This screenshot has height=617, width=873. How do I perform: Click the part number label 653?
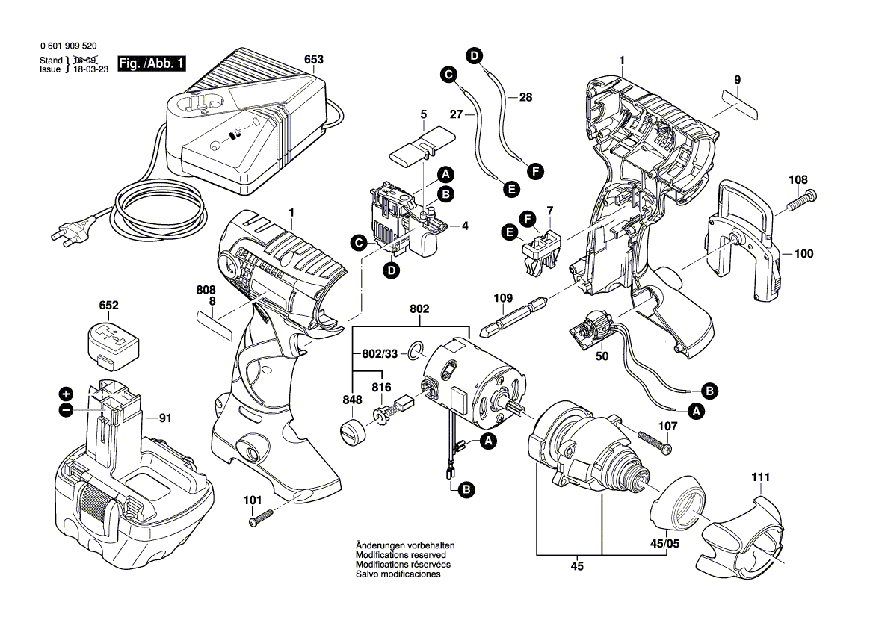pyautogui.click(x=314, y=60)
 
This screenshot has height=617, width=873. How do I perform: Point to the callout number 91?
pyautogui.click(x=164, y=419)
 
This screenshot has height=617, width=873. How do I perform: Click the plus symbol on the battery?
pyautogui.click(x=67, y=394)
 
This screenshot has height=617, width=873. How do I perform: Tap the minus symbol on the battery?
pyautogui.click(x=67, y=409)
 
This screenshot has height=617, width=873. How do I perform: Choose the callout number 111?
pyautogui.click(x=760, y=477)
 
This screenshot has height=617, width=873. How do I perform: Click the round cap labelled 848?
pyautogui.click(x=352, y=433)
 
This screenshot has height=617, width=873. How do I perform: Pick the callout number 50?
pyautogui.click(x=602, y=356)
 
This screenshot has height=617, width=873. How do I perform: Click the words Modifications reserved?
pyautogui.click(x=401, y=556)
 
